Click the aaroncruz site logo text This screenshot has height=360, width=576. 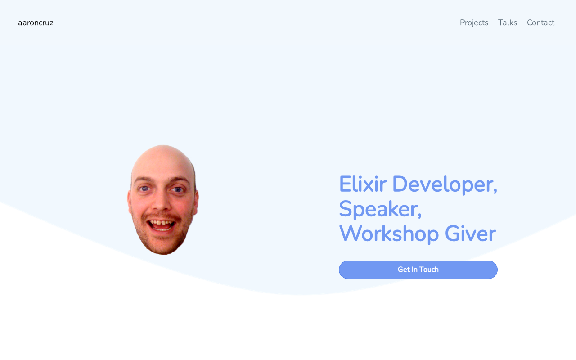[36, 23]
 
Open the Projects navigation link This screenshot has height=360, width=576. [474, 23]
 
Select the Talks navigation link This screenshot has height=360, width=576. [507, 22]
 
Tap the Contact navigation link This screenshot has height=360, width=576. [540, 22]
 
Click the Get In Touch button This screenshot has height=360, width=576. [418, 270]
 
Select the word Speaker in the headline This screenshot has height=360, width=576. [378, 209]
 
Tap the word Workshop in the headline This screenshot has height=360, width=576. [389, 234]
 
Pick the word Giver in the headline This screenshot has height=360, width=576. [470, 234]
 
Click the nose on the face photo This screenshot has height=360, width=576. [161, 201]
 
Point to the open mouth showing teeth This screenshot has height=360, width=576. [161, 225]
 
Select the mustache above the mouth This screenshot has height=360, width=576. [162, 216]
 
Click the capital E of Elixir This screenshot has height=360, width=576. [345, 184]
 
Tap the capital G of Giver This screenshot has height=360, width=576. [452, 234]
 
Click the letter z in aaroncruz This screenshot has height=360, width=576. [51, 23]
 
